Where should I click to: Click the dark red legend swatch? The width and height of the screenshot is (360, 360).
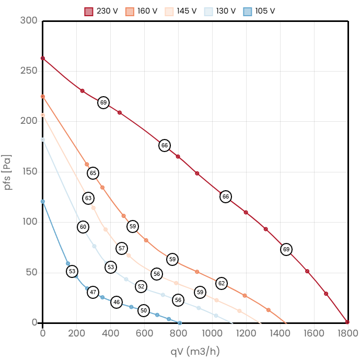coord(89,11)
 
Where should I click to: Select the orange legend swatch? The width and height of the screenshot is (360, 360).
coord(130,11)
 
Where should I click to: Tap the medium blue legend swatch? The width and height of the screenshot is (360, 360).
coord(248,11)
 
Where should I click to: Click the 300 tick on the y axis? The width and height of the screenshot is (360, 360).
coord(28,20)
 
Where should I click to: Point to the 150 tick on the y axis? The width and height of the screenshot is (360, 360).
coord(28,171)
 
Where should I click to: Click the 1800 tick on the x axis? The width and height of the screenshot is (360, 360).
coord(347,333)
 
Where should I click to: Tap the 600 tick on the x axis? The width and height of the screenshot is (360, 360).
coord(144,333)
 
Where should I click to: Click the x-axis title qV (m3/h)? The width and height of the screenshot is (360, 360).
coord(195,351)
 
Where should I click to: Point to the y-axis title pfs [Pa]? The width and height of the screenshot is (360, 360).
coord(7,172)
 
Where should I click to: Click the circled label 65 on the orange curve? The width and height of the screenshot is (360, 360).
coord(93,173)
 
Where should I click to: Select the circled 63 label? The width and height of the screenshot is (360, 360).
coord(88,198)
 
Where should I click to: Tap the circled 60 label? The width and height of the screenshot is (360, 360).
coord(83,227)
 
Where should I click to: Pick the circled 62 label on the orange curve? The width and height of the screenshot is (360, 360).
coord(221,283)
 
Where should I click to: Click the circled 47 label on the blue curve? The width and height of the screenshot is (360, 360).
coord(93,292)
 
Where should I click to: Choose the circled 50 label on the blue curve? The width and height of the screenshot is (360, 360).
coord(144,310)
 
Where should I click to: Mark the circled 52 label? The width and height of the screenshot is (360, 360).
coord(141,286)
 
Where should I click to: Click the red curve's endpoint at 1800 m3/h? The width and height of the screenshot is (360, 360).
coord(347,322)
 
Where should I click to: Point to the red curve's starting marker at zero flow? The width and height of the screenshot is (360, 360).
coord(43,59)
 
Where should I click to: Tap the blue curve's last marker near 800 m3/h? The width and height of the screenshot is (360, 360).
coord(179,323)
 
